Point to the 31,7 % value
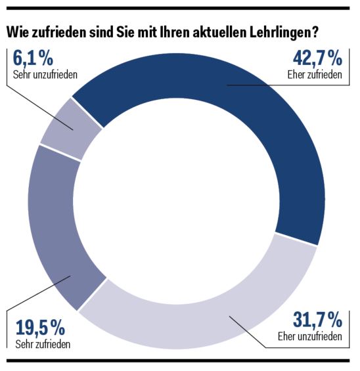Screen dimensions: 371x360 pos(317,322)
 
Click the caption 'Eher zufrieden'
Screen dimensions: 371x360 pos(315,76)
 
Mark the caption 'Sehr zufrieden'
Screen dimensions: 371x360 pos(41,343)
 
